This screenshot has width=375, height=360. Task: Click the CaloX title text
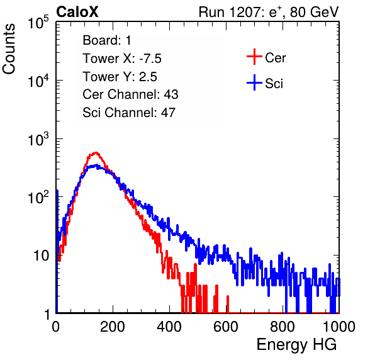[77, 12]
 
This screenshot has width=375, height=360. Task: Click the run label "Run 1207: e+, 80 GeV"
[269, 12]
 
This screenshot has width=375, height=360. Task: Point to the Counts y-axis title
[9, 48]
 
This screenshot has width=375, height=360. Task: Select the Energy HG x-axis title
[296, 345]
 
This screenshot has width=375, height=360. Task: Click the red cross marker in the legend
[254, 57]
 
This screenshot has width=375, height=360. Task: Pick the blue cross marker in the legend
[254, 82]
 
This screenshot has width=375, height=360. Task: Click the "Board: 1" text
[107, 40]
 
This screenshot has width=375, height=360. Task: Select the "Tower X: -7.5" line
[122, 59]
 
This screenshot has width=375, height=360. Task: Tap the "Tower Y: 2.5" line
[120, 77]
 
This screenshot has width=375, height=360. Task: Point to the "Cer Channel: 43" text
[130, 94]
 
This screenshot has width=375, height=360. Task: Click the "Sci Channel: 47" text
[129, 113]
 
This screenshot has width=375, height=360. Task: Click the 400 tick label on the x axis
[169, 326]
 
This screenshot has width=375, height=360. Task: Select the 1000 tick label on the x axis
[339, 326]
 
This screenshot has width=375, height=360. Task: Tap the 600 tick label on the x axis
[226, 326]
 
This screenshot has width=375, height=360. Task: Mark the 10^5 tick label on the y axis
[38, 23]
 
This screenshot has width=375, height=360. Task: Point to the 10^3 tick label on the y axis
[38, 139]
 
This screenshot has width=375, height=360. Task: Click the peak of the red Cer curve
[96, 152]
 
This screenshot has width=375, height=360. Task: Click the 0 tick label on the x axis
[56, 326]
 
